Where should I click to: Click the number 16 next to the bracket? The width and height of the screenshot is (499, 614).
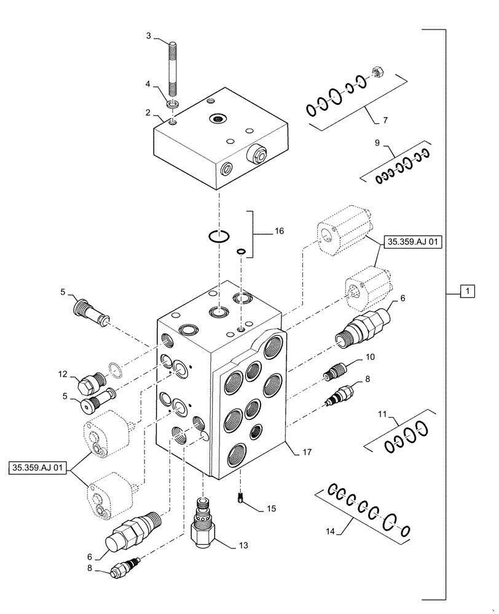click(279, 231)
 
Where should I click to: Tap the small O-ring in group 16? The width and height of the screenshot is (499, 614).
click(242, 251)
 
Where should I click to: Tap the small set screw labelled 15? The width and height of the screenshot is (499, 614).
click(241, 498)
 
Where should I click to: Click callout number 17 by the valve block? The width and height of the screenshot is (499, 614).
click(307, 453)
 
